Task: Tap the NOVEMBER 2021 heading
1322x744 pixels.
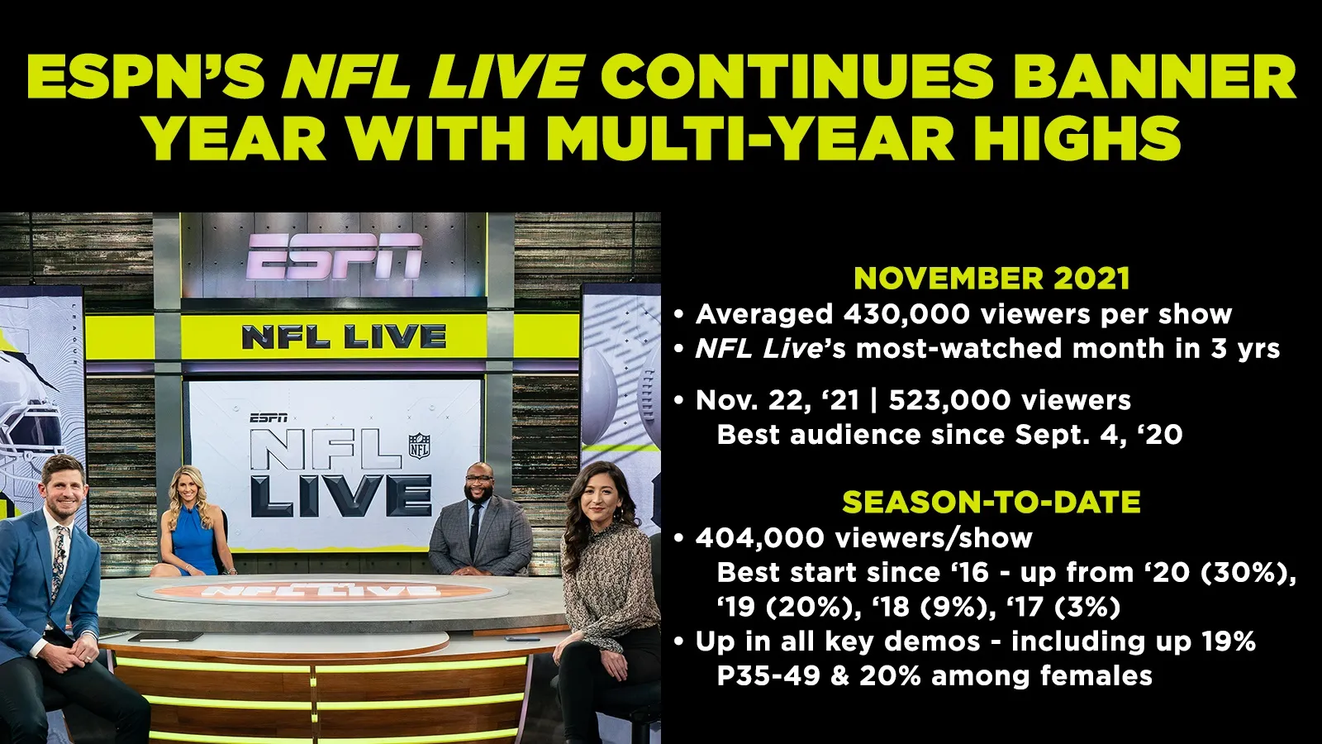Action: pyautogui.click(x=991, y=278)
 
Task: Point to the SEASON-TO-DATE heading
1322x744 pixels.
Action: pyautogui.click(x=991, y=502)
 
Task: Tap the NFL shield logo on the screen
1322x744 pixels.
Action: pyautogui.click(x=420, y=446)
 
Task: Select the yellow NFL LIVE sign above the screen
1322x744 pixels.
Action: pyautogui.click(x=344, y=337)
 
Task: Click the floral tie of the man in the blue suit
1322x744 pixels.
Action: pyautogui.click(x=59, y=560)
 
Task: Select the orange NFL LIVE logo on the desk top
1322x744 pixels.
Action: pyautogui.click(x=321, y=590)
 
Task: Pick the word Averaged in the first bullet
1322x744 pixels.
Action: pyautogui.click(x=763, y=315)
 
